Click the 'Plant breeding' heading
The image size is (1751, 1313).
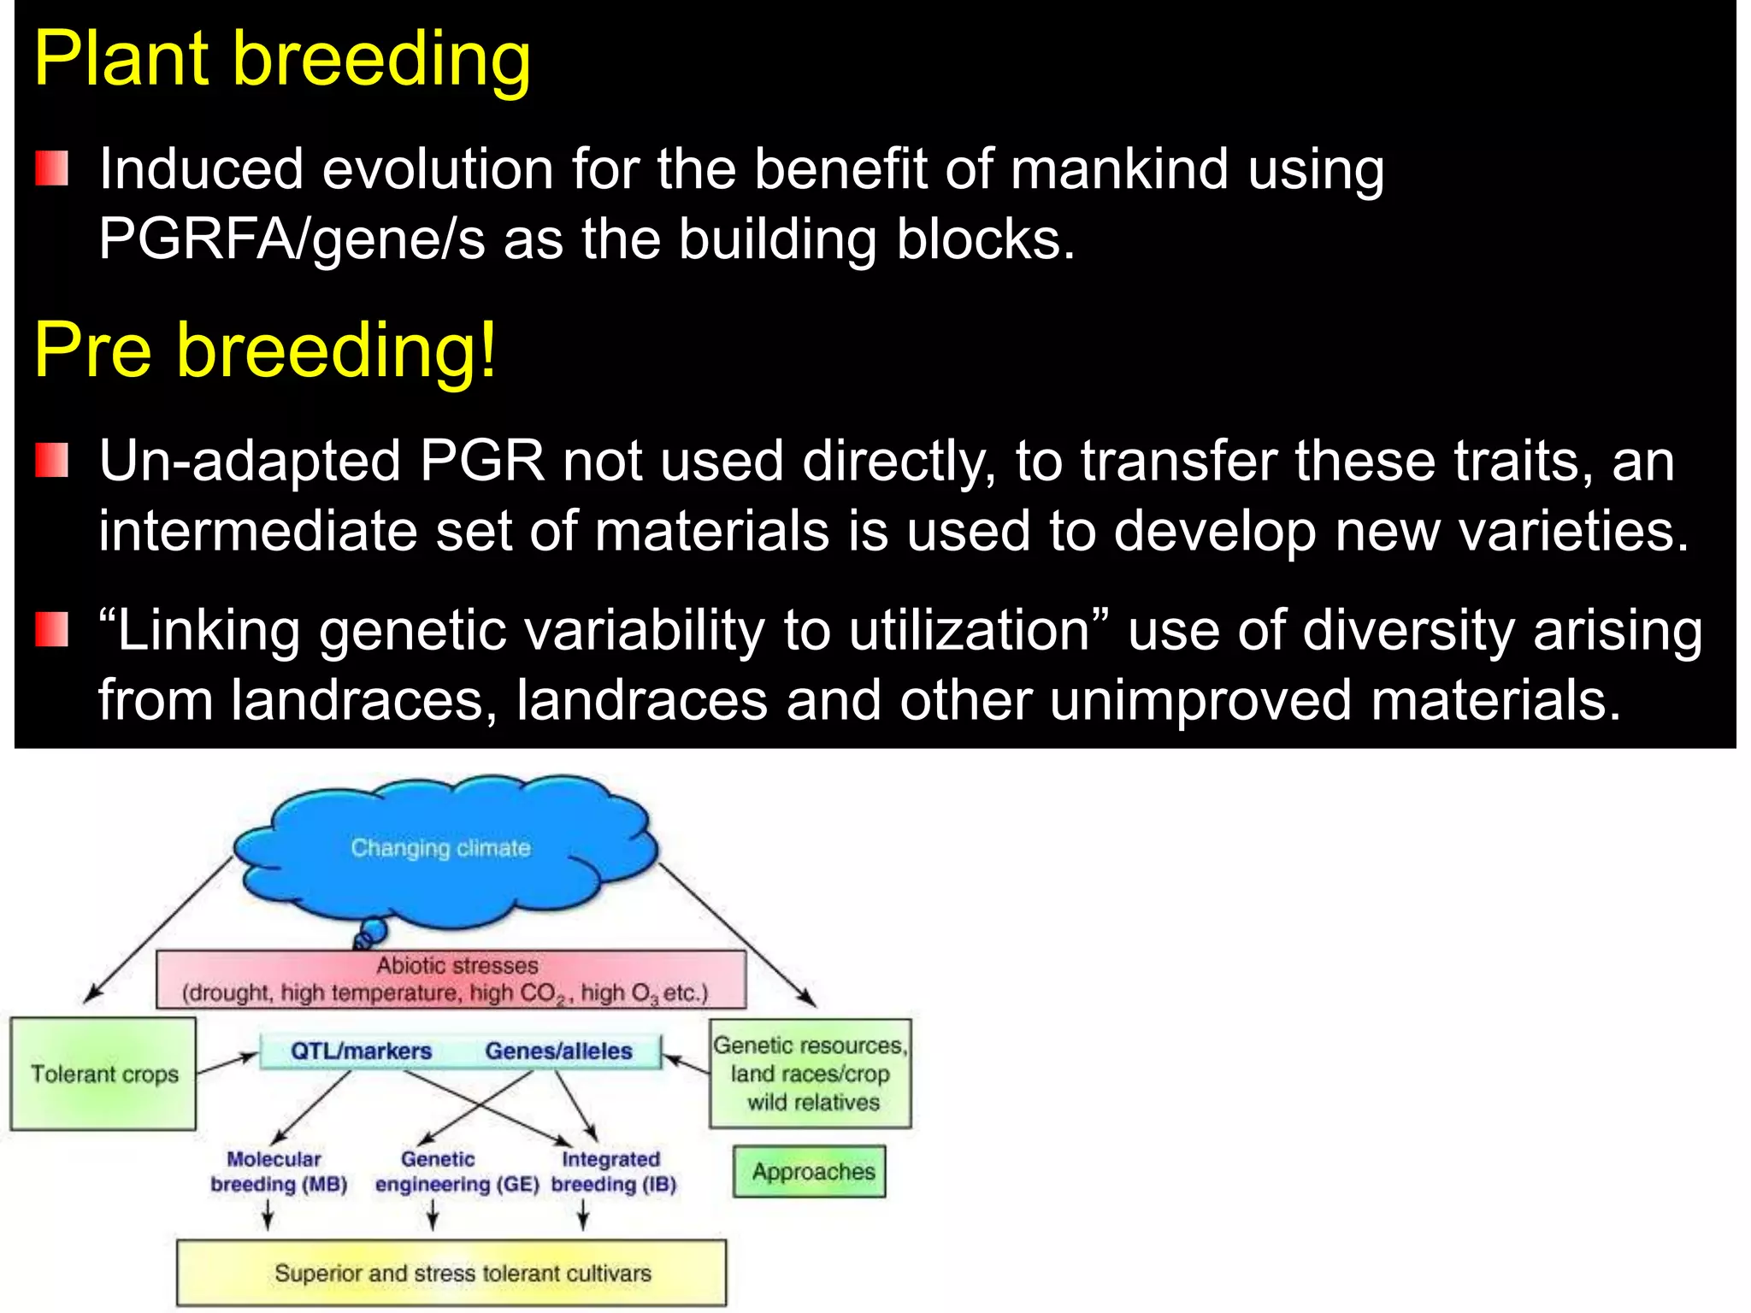282,60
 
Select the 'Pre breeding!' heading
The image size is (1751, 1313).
265,350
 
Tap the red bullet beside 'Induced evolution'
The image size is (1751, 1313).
51,168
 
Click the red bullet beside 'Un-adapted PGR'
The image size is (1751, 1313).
51,461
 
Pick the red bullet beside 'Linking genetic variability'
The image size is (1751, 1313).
51,630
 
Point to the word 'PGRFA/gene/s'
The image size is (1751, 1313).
291,238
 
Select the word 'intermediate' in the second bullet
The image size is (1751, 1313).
257,531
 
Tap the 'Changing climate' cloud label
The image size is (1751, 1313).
440,848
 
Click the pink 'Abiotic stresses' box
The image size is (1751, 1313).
451,980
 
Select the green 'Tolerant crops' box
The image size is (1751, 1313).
103,1074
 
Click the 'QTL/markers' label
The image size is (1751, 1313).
361,1051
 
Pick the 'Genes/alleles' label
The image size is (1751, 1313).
558,1051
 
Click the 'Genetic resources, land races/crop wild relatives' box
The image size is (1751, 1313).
811,1074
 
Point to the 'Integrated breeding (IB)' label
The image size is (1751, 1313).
613,1172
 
